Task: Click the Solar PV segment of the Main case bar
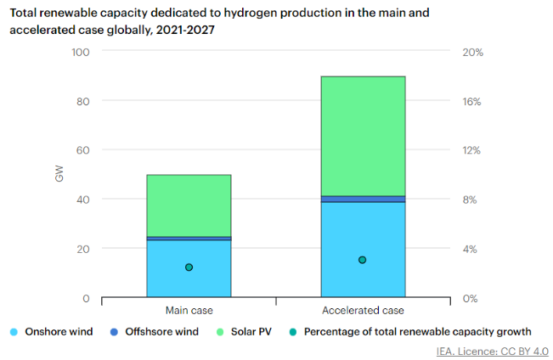189,205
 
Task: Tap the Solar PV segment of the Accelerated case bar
363,136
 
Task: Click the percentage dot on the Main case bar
189,267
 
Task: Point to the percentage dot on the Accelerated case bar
363,260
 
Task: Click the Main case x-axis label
189,311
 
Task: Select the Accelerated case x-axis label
363,311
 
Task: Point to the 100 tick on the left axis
79,52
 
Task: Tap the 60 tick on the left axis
82,150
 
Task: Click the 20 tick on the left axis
82,249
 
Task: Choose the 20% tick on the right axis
473,52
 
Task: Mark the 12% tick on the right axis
473,150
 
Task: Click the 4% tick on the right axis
471,249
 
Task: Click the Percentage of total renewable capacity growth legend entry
409,332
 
